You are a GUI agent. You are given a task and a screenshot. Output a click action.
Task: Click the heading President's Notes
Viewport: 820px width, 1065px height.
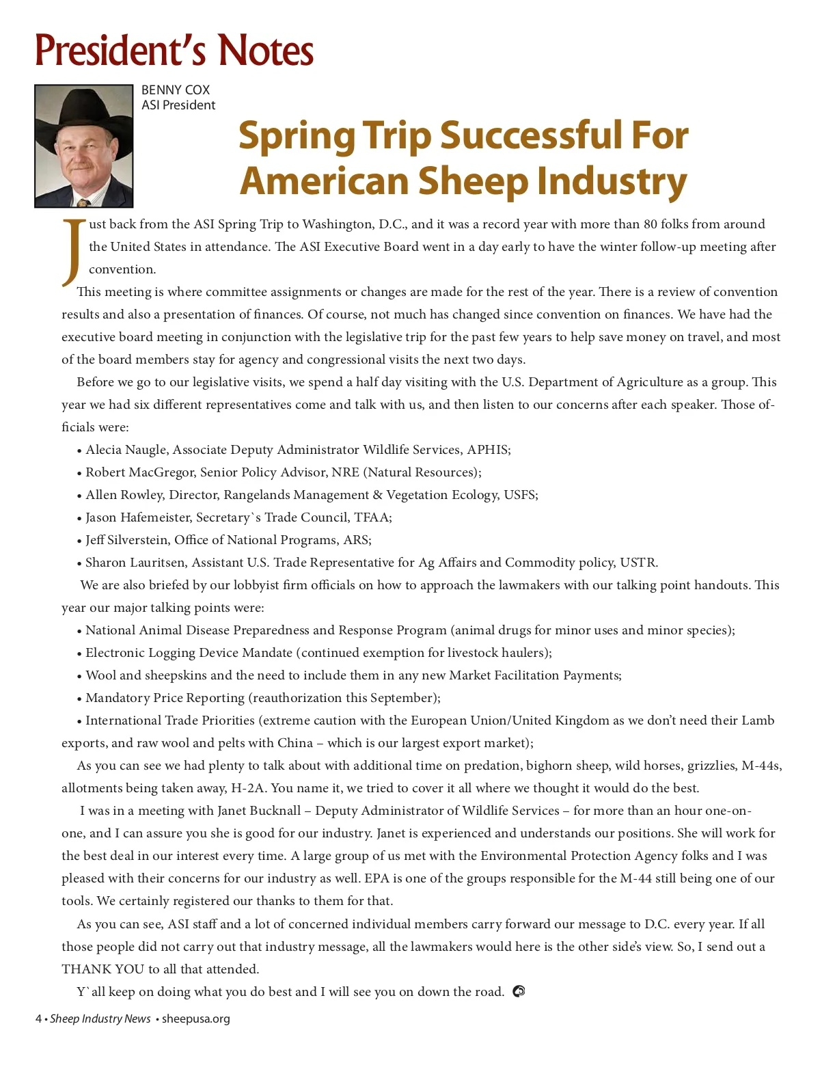tap(174, 50)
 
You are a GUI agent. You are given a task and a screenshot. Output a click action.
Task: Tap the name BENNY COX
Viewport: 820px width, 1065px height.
tap(176, 90)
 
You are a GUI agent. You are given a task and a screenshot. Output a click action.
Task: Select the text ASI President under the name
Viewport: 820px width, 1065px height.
tap(178, 105)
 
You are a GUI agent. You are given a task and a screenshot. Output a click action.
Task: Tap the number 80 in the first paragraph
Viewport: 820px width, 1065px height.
tap(651, 224)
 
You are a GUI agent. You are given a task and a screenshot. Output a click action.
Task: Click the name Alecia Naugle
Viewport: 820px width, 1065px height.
tap(126, 450)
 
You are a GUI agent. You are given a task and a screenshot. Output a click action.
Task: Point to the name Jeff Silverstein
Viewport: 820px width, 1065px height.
tap(126, 540)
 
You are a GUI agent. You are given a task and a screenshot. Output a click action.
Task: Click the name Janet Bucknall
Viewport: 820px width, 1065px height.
tap(259, 811)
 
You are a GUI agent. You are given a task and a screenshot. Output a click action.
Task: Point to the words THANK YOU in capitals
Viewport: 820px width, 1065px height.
tap(102, 969)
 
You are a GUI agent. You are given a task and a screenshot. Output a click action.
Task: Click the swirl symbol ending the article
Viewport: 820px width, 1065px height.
tap(519, 991)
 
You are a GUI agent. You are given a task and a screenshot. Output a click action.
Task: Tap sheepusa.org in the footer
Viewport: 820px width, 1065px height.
tap(196, 1019)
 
